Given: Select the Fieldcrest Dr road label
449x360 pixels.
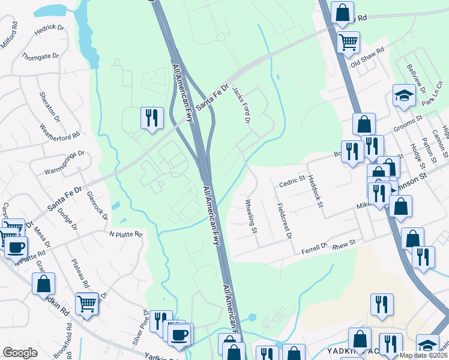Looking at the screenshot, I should click(x=284, y=220).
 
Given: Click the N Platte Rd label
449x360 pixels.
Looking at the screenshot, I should click(x=125, y=233).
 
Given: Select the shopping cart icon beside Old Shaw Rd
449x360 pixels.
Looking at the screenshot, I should click(x=348, y=42).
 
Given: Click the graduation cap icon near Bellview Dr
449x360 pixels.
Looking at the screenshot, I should click(x=404, y=95).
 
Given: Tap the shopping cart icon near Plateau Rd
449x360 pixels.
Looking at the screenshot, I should click(x=87, y=304).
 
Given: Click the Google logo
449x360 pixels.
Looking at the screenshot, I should click(x=20, y=353).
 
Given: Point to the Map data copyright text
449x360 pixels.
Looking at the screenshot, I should click(x=424, y=355).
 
